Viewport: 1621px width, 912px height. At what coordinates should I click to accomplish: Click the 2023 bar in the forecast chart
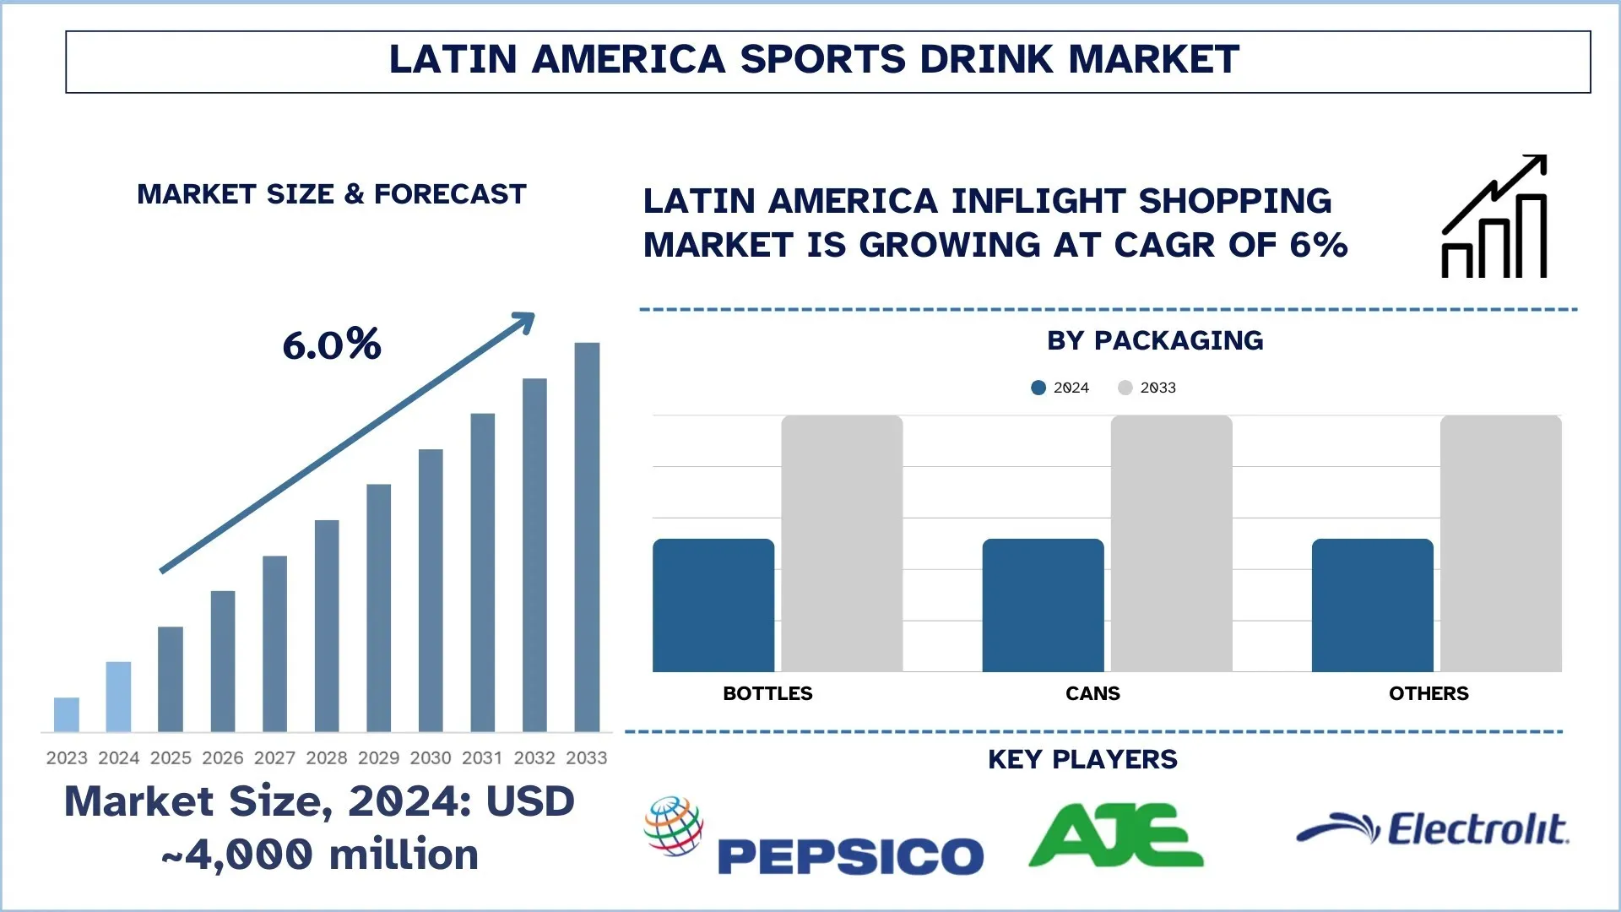pyautogui.click(x=67, y=714)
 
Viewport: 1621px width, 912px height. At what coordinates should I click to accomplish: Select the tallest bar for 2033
pyautogui.click(x=587, y=537)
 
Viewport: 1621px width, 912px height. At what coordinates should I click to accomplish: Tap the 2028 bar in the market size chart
pyautogui.click(x=327, y=626)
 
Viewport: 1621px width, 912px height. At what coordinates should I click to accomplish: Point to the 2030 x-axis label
pyautogui.click(x=431, y=758)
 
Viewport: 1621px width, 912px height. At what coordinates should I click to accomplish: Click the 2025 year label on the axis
pyautogui.click(x=171, y=758)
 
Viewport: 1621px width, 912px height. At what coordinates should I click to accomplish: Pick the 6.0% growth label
pyautogui.click(x=332, y=345)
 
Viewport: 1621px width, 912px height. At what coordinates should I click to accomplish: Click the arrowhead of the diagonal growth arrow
pyautogui.click(x=525, y=321)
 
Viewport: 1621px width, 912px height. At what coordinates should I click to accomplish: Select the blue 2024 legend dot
pyautogui.click(x=1038, y=388)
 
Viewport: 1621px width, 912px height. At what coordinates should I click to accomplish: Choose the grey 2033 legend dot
pyautogui.click(x=1125, y=388)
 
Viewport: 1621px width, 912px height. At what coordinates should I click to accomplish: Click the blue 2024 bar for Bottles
pyautogui.click(x=713, y=605)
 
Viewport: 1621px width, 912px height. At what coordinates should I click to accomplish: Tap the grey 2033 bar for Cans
pyautogui.click(x=1171, y=544)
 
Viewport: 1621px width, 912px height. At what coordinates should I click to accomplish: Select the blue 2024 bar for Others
pyautogui.click(x=1372, y=605)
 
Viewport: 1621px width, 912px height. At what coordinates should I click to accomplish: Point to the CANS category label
pyautogui.click(x=1092, y=693)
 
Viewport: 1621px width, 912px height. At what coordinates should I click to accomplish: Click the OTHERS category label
pyautogui.click(x=1429, y=693)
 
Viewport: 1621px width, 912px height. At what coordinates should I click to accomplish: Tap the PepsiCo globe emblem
pyautogui.click(x=674, y=825)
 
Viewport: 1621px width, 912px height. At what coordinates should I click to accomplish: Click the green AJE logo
pyautogui.click(x=1116, y=835)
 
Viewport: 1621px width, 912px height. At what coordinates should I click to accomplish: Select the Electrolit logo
pyautogui.click(x=1433, y=829)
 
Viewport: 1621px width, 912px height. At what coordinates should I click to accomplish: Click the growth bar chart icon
pyautogui.click(x=1494, y=217)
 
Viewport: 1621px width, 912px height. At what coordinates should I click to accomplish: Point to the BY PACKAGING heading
pyautogui.click(x=1155, y=340)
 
